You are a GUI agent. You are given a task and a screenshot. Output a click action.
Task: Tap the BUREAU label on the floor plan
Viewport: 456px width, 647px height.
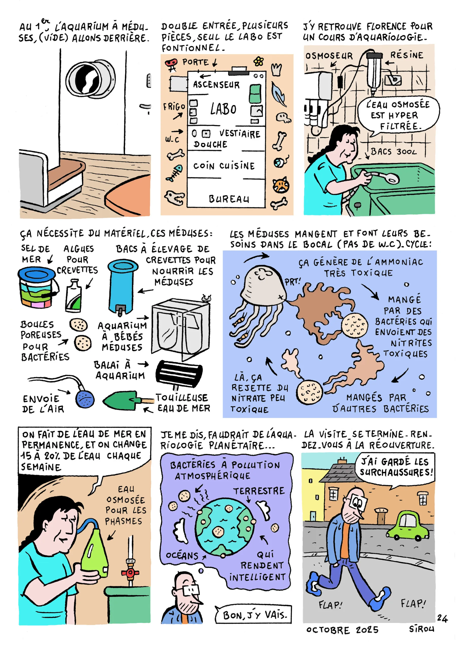[229, 199]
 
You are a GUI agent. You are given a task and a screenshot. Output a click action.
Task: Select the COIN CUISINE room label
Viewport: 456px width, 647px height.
[224, 166]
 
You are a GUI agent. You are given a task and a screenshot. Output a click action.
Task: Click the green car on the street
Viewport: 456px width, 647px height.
[408, 525]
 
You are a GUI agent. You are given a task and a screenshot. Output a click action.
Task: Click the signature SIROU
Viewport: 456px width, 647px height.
[422, 629]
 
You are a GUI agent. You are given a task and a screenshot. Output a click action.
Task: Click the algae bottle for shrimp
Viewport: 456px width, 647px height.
[73, 296]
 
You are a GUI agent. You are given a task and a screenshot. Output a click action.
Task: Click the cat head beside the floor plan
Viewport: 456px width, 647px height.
[281, 185]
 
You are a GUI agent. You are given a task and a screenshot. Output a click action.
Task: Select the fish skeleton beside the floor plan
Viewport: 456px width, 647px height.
[175, 173]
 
